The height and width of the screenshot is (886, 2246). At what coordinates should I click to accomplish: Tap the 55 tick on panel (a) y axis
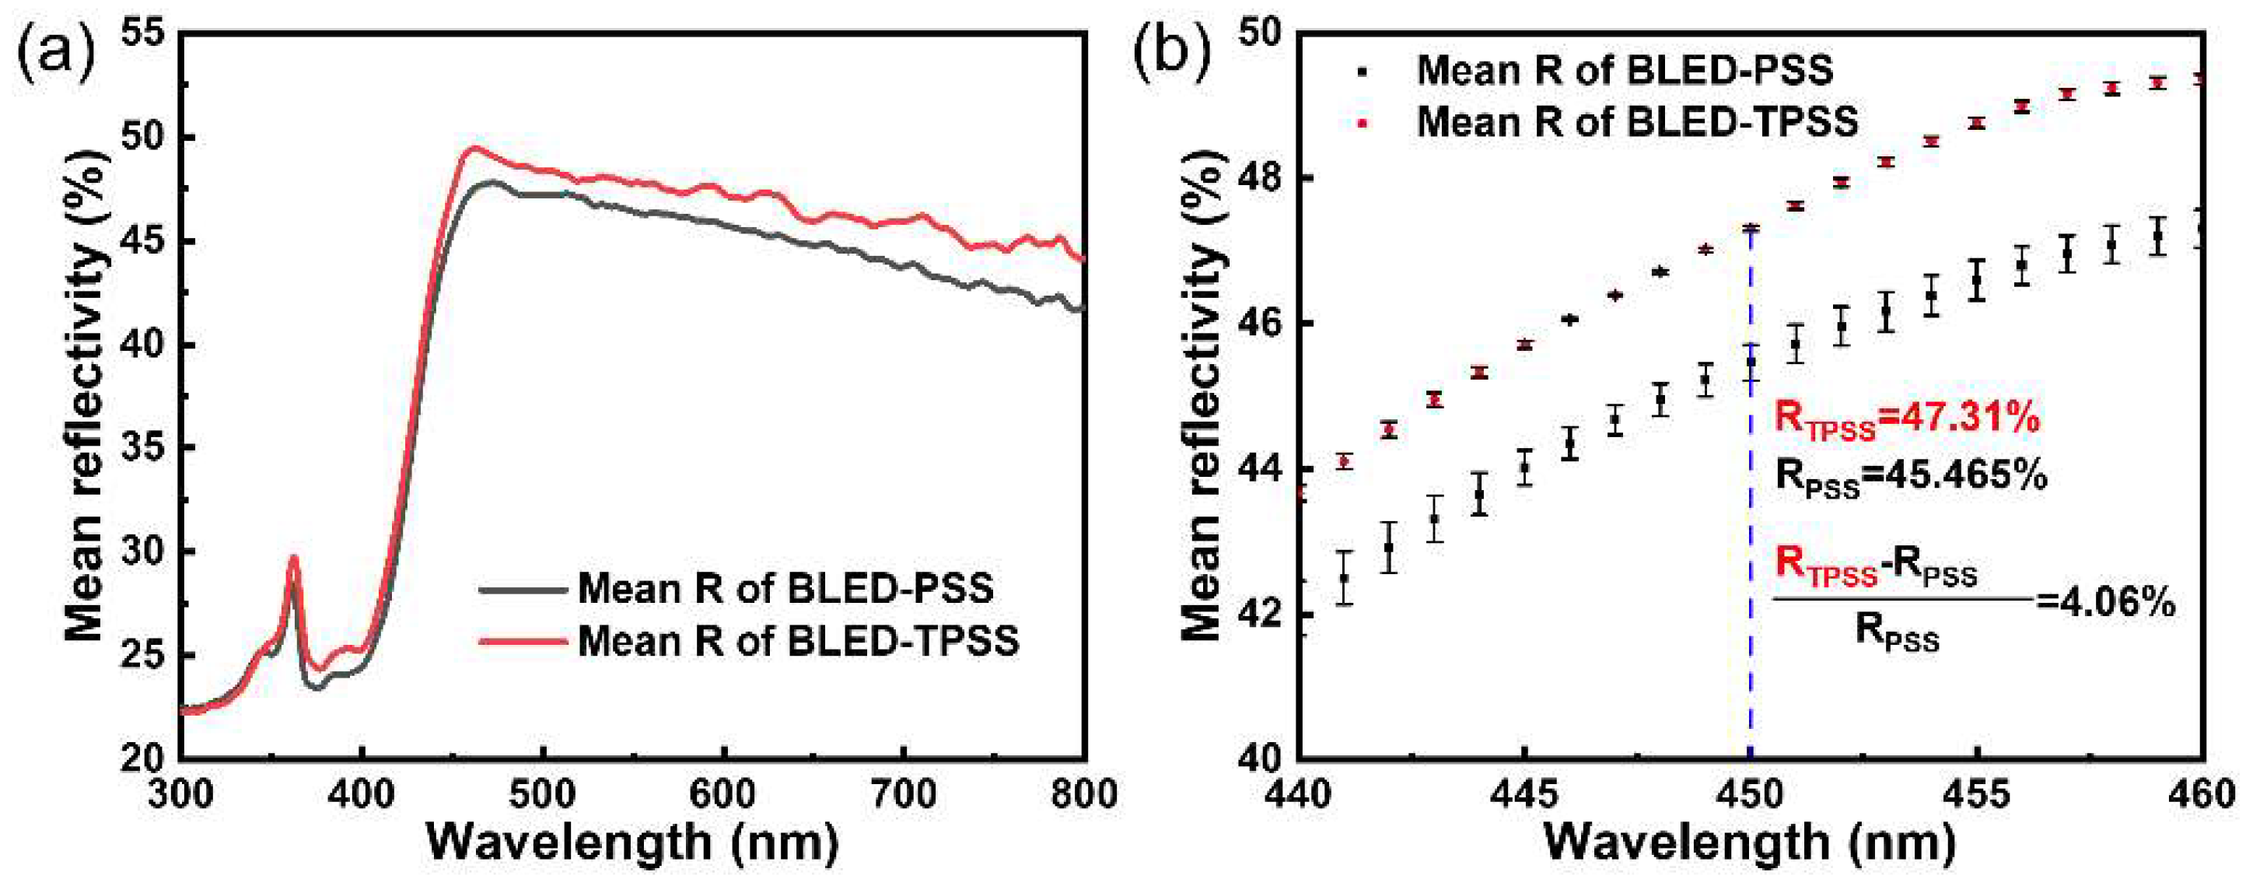tap(145, 34)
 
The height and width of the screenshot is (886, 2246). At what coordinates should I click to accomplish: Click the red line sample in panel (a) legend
tap(521, 641)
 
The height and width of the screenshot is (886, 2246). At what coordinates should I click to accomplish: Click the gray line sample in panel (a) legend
tap(521, 589)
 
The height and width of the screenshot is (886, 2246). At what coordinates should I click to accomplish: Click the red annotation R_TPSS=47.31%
tap(1907, 419)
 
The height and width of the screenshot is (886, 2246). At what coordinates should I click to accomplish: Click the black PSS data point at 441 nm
tap(1344, 577)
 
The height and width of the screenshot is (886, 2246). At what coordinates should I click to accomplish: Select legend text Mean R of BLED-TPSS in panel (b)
tap(1637, 122)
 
